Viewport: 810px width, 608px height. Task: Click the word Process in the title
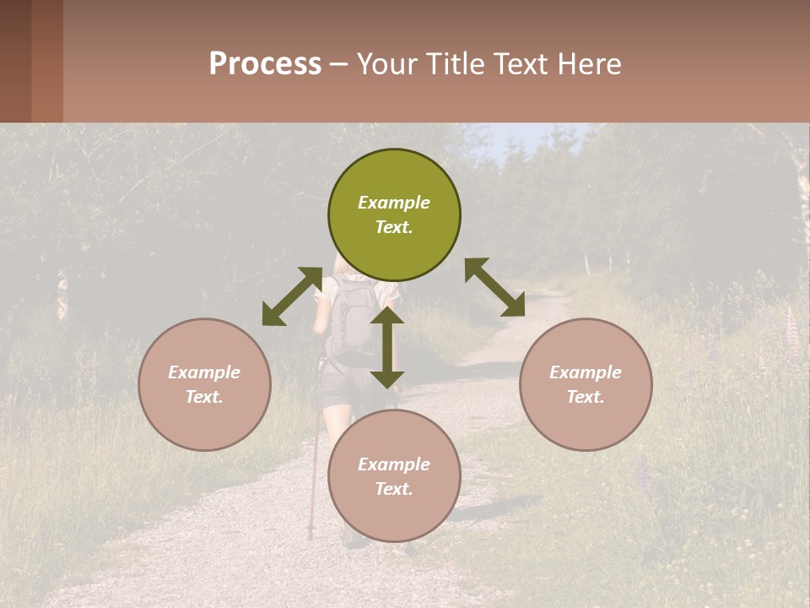265,64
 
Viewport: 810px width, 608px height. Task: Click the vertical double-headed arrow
386,347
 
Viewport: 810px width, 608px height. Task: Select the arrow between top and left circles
292,296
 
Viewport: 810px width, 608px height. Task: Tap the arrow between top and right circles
494,287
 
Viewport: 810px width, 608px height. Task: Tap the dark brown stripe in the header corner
15,61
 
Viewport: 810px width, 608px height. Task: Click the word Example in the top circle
394,203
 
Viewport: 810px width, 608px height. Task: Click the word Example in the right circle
586,372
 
